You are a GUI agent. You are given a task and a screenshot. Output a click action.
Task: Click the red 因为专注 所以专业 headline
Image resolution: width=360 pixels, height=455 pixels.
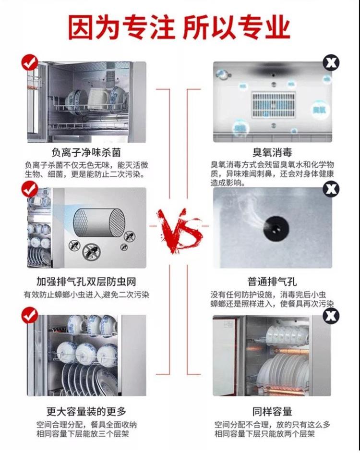pyautogui.click(x=179, y=27)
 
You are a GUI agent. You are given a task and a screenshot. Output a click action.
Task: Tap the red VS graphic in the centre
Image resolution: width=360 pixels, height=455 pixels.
pyautogui.click(x=180, y=230)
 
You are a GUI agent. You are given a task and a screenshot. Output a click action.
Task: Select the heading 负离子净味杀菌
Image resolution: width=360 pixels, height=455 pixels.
pyautogui.click(x=86, y=152)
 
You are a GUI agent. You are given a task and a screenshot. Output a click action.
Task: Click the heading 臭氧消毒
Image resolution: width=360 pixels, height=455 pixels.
pyautogui.click(x=272, y=152)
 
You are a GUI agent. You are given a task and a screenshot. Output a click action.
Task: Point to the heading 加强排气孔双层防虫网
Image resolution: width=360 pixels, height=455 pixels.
pyautogui.click(x=86, y=281)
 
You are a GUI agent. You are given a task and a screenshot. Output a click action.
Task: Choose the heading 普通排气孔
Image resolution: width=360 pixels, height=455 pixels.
pyautogui.click(x=272, y=281)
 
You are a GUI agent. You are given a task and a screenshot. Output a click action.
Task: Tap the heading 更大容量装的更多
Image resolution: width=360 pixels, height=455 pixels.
pyautogui.click(x=86, y=411)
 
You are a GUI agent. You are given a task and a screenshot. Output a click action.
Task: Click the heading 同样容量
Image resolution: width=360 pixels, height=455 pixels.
pyautogui.click(x=272, y=411)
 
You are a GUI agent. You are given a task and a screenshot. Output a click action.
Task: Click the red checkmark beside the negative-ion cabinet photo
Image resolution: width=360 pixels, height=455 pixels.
pyautogui.click(x=30, y=62)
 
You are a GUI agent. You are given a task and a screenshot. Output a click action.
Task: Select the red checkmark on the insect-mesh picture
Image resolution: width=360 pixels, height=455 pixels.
pyautogui.click(x=30, y=189)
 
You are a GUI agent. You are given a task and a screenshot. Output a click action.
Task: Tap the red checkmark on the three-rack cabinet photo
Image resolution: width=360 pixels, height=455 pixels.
pyautogui.click(x=30, y=315)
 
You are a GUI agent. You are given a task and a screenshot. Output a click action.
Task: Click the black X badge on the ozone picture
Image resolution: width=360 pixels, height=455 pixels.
pyautogui.click(x=331, y=62)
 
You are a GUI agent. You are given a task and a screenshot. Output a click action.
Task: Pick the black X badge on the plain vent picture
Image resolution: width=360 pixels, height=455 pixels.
pyautogui.click(x=331, y=189)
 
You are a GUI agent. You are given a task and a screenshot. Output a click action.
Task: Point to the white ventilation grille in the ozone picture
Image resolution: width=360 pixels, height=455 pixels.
pyautogui.click(x=273, y=105)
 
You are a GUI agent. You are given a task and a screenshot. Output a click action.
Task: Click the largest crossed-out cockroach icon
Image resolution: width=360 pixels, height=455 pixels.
pyautogui.click(x=92, y=251)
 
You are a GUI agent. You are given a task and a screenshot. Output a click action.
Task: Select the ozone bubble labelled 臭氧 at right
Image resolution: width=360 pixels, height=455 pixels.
pyautogui.click(x=319, y=110)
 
